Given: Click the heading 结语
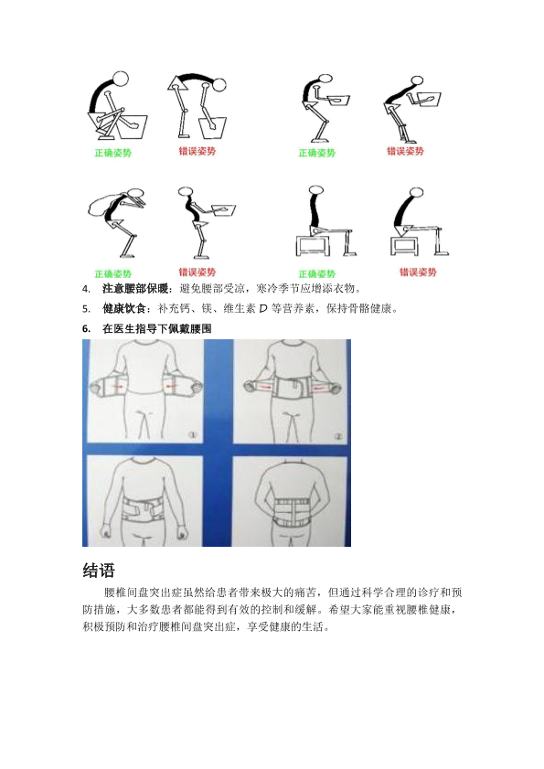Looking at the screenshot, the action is pyautogui.click(x=99, y=571).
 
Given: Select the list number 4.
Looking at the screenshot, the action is pyautogui.click(x=86, y=289).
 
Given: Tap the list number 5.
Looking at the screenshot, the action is pyautogui.click(x=86, y=309).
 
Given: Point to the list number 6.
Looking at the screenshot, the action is pyautogui.click(x=86, y=329).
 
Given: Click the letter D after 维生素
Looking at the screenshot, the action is pyautogui.click(x=263, y=308).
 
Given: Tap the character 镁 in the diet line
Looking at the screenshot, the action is pyautogui.click(x=206, y=308).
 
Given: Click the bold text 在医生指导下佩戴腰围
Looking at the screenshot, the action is pyautogui.click(x=157, y=328).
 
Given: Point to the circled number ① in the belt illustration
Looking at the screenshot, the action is pyautogui.click(x=192, y=435).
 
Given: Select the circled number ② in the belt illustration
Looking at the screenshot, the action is pyautogui.click(x=338, y=436).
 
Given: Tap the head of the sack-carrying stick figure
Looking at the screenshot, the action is pyautogui.click(x=135, y=193).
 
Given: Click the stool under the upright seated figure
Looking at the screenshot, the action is pyautogui.click(x=312, y=244).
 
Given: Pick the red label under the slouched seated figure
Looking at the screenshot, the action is pyautogui.click(x=418, y=272).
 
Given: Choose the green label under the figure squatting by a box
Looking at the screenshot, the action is pyautogui.click(x=112, y=153).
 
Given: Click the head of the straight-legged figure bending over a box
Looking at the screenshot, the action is pyautogui.click(x=219, y=84).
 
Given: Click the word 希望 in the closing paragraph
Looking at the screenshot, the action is pyautogui.click(x=339, y=610).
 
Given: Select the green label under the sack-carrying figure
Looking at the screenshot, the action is pyautogui.click(x=112, y=273).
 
